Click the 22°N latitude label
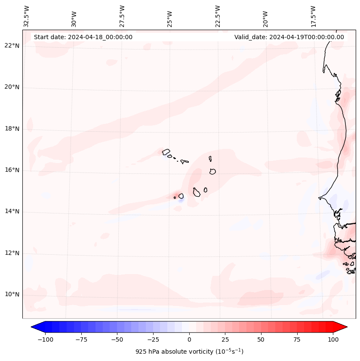pos(12,46)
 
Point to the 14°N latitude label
pos(12,212)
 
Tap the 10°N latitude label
pos(12,295)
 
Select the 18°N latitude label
pos(12,129)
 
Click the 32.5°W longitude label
pos(27,16)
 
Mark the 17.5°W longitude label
pos(314,16)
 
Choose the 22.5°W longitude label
pos(218,16)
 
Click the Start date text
pos(83,37)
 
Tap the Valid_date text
pos(289,37)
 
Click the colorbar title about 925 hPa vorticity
pos(189,352)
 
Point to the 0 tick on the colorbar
pos(189,339)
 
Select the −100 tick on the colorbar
pos(45,339)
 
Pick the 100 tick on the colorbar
pos(333,339)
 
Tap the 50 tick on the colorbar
pos(261,339)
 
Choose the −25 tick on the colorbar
pos(153,339)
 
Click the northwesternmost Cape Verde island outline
pos(166,151)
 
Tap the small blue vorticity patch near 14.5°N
pos(181,201)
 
